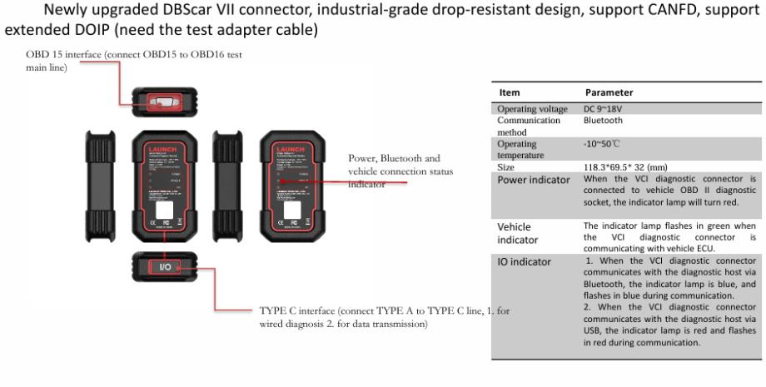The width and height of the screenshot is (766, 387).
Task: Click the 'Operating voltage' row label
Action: tap(532, 109)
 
